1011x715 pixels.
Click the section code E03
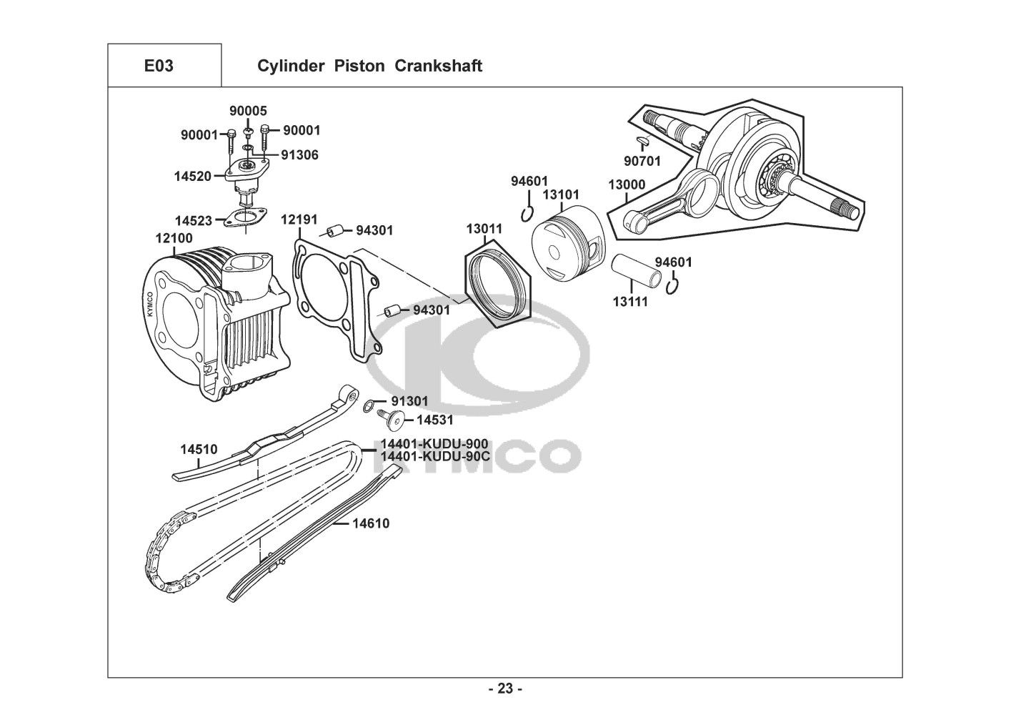pos(159,66)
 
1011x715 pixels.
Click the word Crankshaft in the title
pos(438,66)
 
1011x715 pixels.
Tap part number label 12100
pos(174,238)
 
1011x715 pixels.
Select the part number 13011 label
pos(484,229)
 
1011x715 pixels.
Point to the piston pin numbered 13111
pos(637,270)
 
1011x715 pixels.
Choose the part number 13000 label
pos(627,184)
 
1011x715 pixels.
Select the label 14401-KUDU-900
pos(434,443)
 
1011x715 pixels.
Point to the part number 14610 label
pos(371,523)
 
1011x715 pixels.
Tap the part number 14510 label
pos(199,450)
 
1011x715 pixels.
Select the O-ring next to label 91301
pos(369,407)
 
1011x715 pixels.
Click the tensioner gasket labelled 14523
pos(246,217)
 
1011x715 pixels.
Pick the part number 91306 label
pos(299,155)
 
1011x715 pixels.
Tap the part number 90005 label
pos(248,111)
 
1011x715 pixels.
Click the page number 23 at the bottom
pos(505,689)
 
